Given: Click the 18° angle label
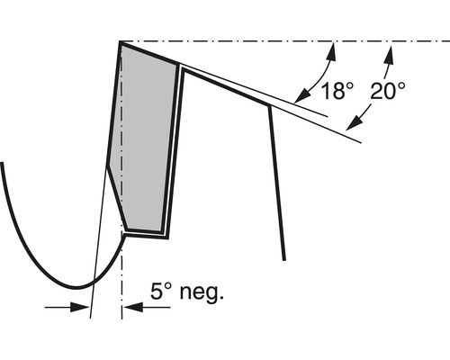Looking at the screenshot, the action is (x=337, y=91).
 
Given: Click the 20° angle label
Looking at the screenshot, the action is (x=388, y=91).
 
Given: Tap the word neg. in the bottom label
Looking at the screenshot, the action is (x=202, y=292).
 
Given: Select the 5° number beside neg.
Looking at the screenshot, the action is (x=160, y=291).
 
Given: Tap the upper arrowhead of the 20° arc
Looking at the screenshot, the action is (x=389, y=54).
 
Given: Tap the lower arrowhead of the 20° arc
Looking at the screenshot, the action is (x=354, y=123).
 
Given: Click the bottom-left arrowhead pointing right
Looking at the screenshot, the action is (x=80, y=307).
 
